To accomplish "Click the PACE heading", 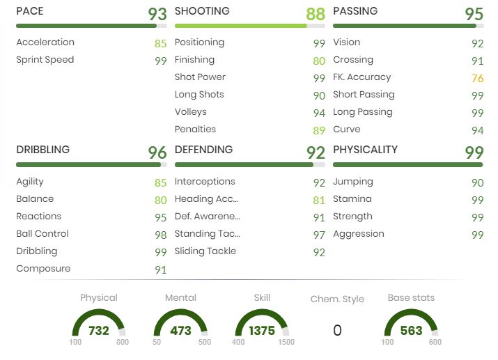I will click(29, 12).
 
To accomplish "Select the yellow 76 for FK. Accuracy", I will click(477, 78).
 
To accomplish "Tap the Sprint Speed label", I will click(45, 60).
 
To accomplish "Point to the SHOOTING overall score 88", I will click(316, 14).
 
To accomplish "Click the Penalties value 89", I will click(319, 130).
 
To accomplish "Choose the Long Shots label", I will click(199, 95).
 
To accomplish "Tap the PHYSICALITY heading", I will click(365, 150).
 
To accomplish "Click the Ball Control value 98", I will click(161, 235).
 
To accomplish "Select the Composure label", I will click(43, 269).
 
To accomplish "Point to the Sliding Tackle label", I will click(205, 251).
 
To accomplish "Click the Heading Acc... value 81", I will click(319, 200).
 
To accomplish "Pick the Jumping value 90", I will click(477, 182).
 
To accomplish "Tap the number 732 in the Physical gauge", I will click(99, 331).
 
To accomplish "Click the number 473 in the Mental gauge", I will click(180, 331).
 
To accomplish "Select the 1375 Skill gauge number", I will click(262, 331).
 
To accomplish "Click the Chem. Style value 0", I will click(337, 331).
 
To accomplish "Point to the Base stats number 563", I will click(411, 331).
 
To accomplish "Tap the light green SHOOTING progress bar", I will click(240, 26).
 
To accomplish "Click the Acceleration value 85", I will click(161, 43).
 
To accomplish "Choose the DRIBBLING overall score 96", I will click(157, 152).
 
